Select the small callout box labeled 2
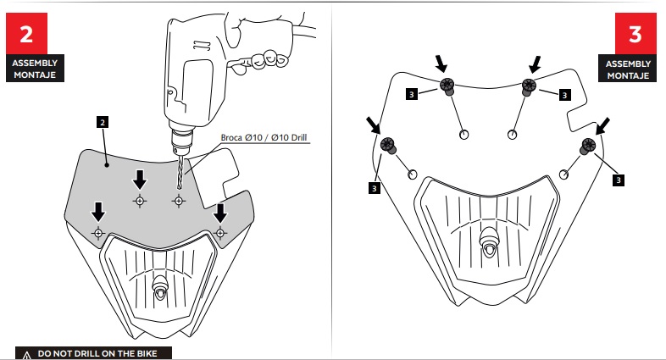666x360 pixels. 102,123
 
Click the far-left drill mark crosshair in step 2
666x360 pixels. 98,232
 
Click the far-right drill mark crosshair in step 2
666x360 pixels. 220,232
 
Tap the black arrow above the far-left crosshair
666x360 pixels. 98,209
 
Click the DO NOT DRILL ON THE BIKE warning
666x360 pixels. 102,352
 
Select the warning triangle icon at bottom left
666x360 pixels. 27,353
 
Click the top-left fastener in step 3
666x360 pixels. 447,86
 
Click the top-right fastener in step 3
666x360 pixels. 530,86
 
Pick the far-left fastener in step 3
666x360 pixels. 389,147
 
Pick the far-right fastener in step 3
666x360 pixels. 586,147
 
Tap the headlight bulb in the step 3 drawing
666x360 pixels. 488,241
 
